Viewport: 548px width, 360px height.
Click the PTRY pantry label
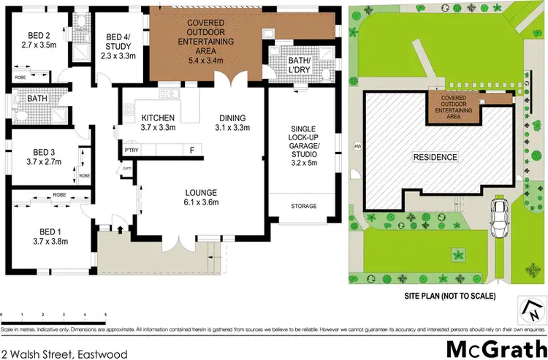coord(132,150)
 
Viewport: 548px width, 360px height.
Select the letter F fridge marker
coord(191,150)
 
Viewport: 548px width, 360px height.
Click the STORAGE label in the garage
coord(304,207)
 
